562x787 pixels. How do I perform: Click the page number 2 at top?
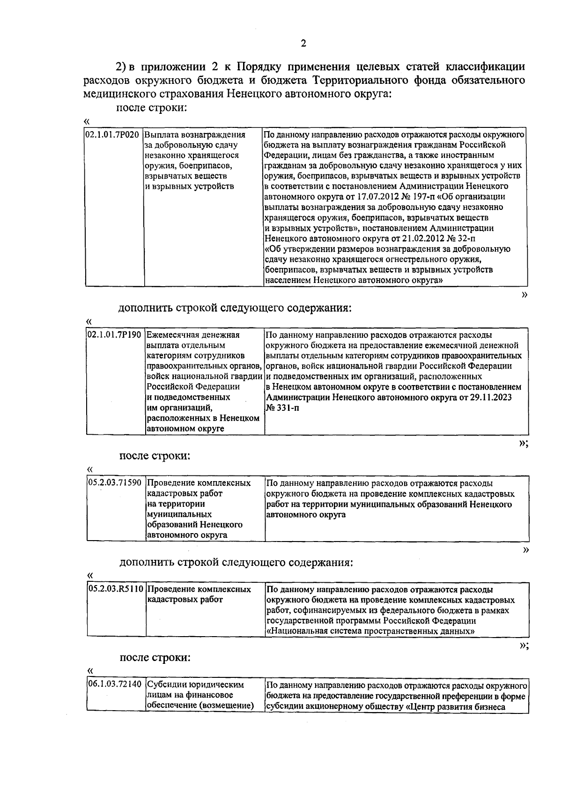pyautogui.click(x=303, y=44)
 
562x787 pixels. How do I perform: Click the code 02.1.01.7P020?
pyautogui.click(x=112, y=134)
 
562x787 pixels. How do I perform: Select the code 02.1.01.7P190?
pyautogui.click(x=115, y=335)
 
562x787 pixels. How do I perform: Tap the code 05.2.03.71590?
pyautogui.click(x=115, y=483)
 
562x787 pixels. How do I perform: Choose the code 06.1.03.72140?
pyautogui.click(x=115, y=684)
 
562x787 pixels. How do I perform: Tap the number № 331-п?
pyautogui.click(x=283, y=408)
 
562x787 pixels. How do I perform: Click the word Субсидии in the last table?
pyautogui.click(x=168, y=684)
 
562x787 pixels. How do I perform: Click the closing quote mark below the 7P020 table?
pyautogui.click(x=525, y=295)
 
